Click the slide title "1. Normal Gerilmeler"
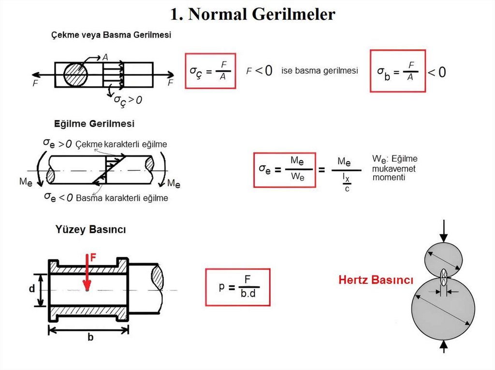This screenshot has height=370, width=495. [x=252, y=14]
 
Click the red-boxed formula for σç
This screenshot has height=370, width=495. [x=210, y=71]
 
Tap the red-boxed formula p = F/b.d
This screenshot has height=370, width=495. [x=237, y=288]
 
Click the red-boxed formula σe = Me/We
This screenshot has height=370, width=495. [x=284, y=169]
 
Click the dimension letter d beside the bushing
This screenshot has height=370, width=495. [x=31, y=289]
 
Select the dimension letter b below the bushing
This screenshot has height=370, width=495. [x=90, y=338]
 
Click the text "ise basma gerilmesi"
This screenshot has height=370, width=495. [x=320, y=71]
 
